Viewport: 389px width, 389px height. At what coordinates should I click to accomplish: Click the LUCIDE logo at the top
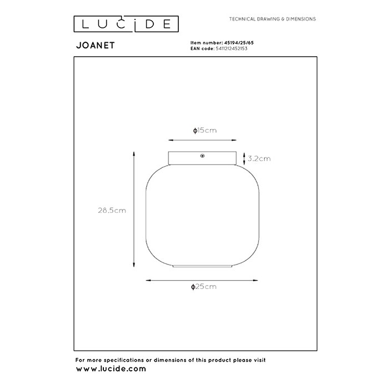126,24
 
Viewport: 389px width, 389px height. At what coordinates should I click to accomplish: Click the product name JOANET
96,46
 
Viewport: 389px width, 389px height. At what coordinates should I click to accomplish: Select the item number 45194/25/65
239,43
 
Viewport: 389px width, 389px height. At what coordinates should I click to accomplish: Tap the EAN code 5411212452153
232,49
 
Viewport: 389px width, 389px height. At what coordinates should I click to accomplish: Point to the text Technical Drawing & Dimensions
272,19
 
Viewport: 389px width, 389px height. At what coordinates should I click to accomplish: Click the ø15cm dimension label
205,131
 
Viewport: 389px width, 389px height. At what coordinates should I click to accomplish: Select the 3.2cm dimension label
260,158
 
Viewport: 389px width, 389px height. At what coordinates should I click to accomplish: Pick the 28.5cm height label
112,211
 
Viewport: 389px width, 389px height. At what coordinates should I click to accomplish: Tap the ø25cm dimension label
204,287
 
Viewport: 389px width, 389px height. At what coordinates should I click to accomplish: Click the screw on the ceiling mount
202,156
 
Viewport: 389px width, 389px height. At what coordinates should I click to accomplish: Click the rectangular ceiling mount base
202,158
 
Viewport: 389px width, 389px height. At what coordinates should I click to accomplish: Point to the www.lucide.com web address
111,368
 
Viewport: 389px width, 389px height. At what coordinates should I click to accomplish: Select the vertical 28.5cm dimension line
134,210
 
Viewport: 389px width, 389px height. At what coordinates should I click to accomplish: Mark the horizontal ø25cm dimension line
202,280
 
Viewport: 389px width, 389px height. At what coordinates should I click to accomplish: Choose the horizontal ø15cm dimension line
202,140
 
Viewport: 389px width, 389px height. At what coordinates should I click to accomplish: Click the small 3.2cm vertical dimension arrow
244,158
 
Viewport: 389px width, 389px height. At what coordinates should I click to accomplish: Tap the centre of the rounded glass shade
202,215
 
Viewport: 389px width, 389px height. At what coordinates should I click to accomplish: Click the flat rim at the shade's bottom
202,266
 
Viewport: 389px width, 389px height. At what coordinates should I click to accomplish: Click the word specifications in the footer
123,360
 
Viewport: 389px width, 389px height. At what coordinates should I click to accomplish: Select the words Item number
207,43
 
